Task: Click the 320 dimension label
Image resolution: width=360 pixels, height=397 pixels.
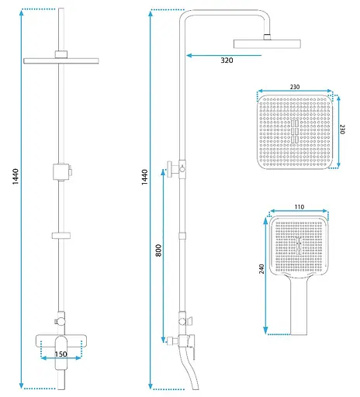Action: click(x=227, y=60)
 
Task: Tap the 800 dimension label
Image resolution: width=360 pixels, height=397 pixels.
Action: click(x=158, y=250)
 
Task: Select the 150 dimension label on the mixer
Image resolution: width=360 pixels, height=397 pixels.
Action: click(x=61, y=354)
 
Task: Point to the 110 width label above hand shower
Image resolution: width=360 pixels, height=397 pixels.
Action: click(x=299, y=207)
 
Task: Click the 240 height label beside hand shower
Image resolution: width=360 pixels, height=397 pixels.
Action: click(x=261, y=269)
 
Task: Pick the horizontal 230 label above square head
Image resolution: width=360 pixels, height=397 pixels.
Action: click(x=295, y=87)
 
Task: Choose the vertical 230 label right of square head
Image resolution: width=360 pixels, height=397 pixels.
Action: click(x=342, y=129)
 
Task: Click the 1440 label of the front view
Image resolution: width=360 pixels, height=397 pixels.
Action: click(x=16, y=177)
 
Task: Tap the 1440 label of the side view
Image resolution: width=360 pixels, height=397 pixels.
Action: click(x=144, y=177)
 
